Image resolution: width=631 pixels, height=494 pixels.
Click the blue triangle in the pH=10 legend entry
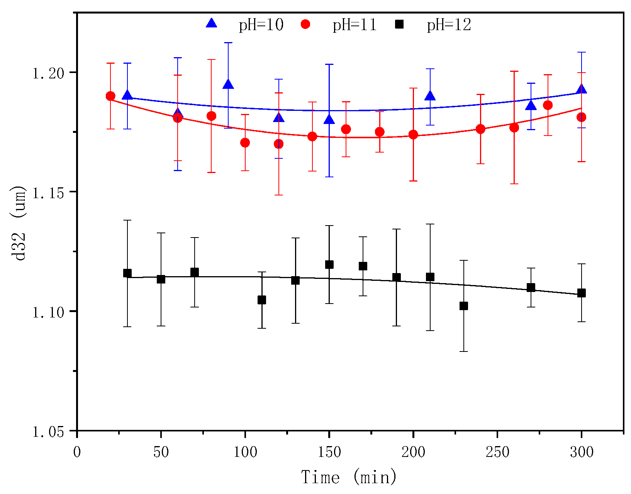[212, 24]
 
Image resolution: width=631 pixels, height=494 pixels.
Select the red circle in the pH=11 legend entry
[305, 24]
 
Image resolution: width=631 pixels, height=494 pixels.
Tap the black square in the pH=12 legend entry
[399, 24]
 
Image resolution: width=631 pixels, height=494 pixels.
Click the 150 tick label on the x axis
[329, 452]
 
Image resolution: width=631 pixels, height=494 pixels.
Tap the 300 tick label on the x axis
[581, 452]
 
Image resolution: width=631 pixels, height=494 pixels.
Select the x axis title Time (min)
[349, 477]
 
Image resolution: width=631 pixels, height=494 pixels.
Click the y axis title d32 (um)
[19, 223]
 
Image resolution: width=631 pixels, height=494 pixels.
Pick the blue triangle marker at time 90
[228, 84]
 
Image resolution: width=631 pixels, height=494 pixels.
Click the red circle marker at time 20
[110, 96]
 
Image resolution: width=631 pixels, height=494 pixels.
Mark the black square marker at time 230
[463, 306]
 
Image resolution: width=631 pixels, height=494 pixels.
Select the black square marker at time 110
[262, 300]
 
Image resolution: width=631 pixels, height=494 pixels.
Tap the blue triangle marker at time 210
[430, 96]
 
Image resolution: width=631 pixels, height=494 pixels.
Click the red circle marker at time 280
[548, 105]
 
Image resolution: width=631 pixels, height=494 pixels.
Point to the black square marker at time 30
[127, 273]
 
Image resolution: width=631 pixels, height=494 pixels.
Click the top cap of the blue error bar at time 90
[228, 43]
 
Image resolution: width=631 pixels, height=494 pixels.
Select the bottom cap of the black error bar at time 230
[463, 351]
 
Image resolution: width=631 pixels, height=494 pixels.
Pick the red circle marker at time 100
[245, 143]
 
